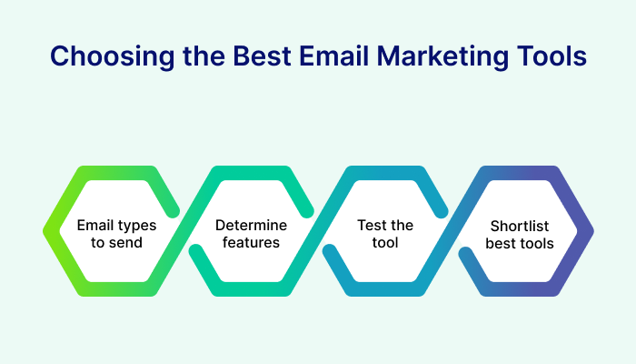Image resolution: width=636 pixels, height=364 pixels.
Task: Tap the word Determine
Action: [251, 224]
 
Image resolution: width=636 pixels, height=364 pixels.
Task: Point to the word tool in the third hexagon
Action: [386, 242]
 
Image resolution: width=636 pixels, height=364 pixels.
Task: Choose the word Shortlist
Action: [521, 225]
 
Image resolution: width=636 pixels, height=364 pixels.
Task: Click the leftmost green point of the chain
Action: [45, 231]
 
